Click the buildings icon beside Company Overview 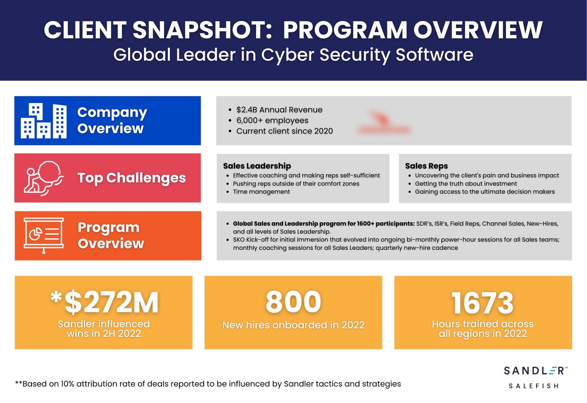coord(43,121)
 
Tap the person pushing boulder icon coord(43,178)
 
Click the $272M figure coord(111,302)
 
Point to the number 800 coord(293,302)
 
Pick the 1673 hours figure coord(483,303)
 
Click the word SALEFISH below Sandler coord(533,386)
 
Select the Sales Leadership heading coord(257,166)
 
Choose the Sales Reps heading coord(426,166)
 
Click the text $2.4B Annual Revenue coord(279,110)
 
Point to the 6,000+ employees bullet coord(272,121)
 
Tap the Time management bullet coord(261,192)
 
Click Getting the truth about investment coord(466,184)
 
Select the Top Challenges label coord(131,178)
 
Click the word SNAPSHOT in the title coord(202,30)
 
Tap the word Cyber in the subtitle coord(287,55)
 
